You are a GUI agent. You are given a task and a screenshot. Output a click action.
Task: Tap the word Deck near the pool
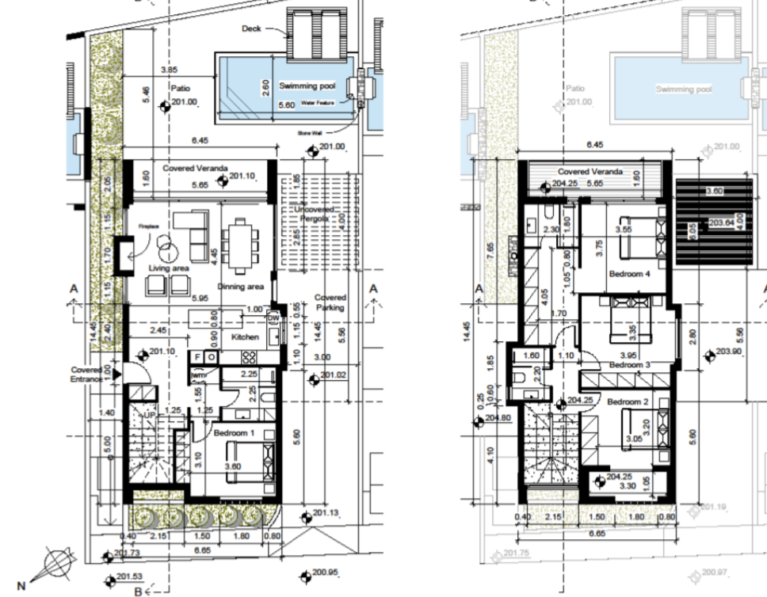[x=252, y=29]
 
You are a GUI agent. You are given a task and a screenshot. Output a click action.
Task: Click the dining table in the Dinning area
[x=238, y=241]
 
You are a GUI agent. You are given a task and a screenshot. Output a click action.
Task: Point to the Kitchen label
[x=245, y=337]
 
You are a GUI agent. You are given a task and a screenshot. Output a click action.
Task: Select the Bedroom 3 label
[x=629, y=365]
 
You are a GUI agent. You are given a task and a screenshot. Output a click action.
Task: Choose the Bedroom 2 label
[x=628, y=402]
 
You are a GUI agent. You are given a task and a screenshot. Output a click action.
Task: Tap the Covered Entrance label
[x=86, y=374]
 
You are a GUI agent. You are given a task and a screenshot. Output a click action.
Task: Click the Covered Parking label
[x=330, y=302]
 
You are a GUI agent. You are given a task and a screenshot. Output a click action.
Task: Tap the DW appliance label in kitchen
[x=273, y=318]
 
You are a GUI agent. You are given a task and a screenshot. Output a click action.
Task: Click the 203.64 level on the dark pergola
[x=721, y=222]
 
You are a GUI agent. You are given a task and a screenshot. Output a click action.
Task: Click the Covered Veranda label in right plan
[x=590, y=171]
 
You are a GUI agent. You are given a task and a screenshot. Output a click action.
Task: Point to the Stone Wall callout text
[x=310, y=133]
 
